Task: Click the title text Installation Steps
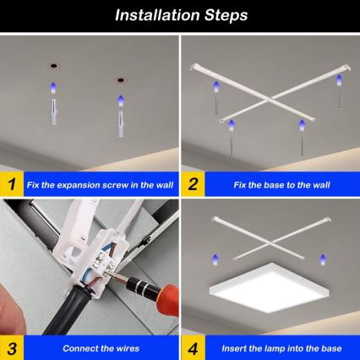pos(180,14)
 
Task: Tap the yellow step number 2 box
pos(193,183)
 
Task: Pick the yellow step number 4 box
pos(193,347)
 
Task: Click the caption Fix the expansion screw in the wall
pos(97,183)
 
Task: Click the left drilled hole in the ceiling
pos(52,64)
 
